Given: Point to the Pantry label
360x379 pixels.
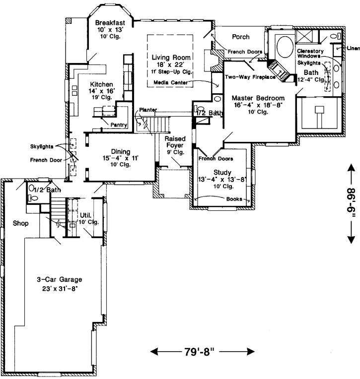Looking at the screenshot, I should coord(119,125).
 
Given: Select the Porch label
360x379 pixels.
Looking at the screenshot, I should coord(240,37).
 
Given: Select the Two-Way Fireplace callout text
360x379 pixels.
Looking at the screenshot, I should coord(250,77).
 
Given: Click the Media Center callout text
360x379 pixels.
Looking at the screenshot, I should coord(170,82).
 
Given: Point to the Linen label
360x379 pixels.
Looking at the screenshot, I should coord(353,48).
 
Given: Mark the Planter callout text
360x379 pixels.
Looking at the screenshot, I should coord(148,110).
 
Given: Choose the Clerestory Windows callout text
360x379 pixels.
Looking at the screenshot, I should coord(310,54).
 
